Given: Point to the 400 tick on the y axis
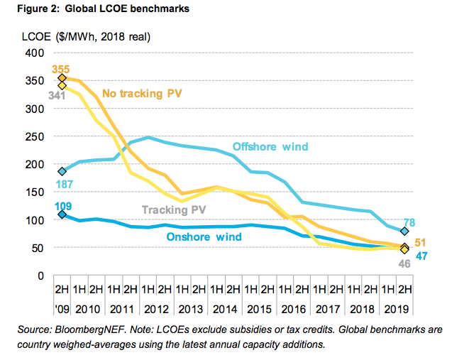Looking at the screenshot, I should click(x=35, y=53).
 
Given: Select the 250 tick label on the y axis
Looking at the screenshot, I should click(x=35, y=136).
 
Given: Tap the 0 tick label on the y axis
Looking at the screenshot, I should click(x=41, y=276).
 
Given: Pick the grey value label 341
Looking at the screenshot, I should click(x=57, y=94).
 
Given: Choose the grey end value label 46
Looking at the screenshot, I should click(x=403, y=264).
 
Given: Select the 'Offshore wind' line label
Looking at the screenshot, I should click(x=270, y=147).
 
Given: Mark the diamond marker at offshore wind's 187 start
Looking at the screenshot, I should click(x=62, y=171).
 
